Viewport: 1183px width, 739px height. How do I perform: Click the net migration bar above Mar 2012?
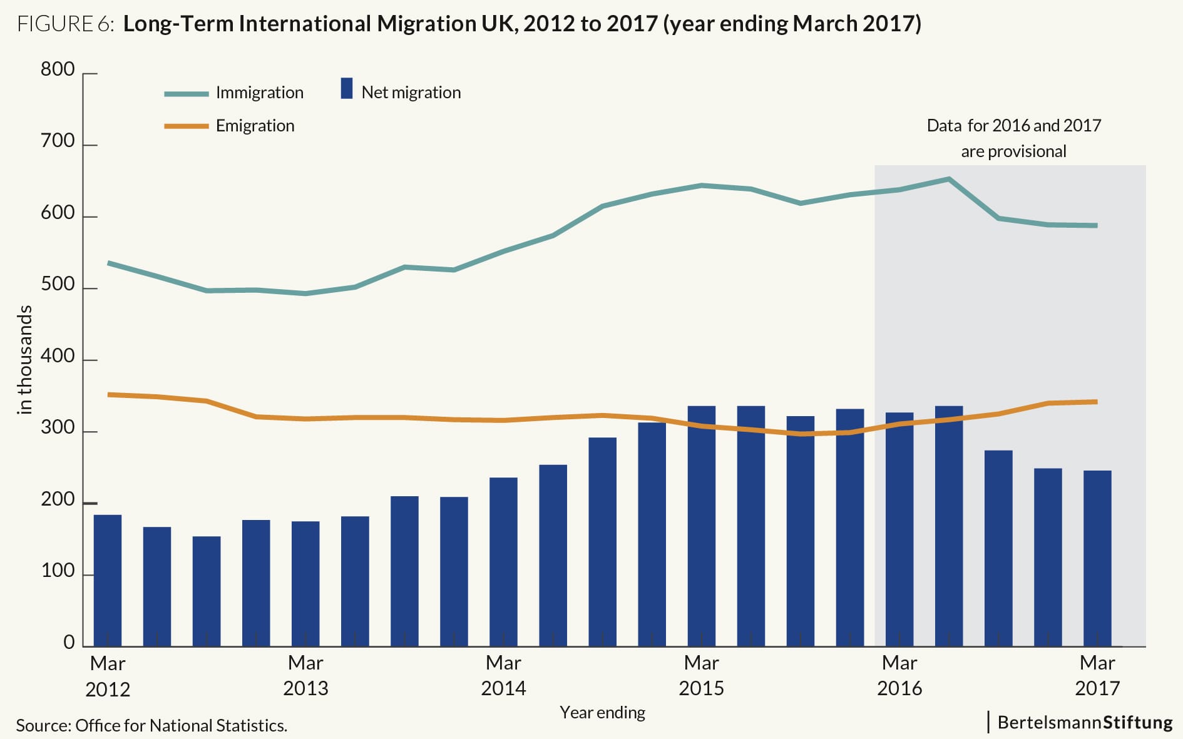108,580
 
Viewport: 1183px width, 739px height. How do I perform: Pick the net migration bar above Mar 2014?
503,561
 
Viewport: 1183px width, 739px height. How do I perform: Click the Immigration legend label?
259,93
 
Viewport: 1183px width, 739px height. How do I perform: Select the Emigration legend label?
255,126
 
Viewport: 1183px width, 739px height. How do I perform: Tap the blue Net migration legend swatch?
347,88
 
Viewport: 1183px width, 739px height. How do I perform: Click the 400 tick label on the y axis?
58,357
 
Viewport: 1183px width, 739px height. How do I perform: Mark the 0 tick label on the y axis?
69,643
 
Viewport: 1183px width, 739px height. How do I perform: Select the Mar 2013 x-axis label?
305,676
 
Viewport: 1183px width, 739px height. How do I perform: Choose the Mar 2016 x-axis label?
899,676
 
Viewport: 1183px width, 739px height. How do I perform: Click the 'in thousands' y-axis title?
25,359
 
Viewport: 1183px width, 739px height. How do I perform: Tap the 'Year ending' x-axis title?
602,713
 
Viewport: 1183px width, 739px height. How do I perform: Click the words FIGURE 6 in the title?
65,24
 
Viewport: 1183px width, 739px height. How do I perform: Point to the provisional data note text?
1013,138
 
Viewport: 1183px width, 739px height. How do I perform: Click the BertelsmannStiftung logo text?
1085,722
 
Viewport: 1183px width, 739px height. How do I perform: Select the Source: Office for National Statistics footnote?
151,726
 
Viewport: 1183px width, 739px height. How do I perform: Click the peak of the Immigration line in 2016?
949,179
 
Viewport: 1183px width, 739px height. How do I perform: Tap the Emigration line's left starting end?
109,395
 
